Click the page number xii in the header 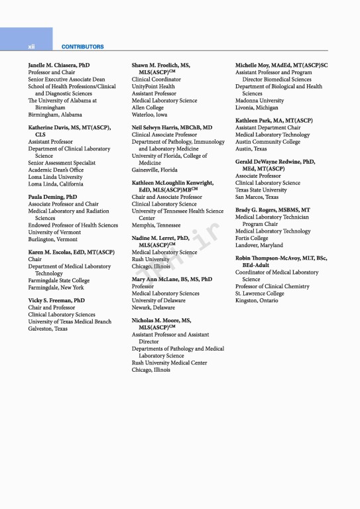(31, 47)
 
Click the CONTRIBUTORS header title (82, 47)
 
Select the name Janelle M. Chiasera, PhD (59, 66)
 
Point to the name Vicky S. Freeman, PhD (56, 300)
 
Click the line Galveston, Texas (48, 328)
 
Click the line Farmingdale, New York (56, 288)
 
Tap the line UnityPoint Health (153, 86)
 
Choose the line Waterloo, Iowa (149, 114)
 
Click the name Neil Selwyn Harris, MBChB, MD (172, 127)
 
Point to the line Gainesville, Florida (154, 170)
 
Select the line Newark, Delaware (153, 308)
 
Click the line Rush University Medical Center (169, 363)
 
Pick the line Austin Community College (268, 142)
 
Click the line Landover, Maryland (259, 245)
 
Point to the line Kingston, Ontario (257, 300)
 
